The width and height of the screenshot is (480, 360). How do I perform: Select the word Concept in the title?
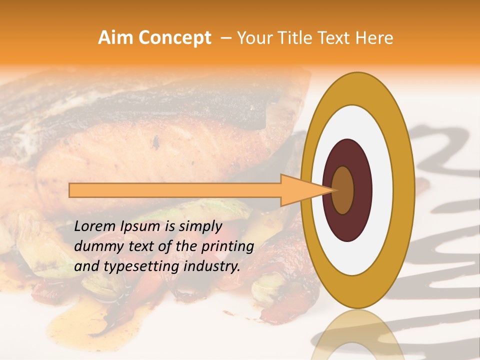tap(174, 38)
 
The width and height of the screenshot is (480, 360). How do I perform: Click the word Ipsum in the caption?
tap(141, 226)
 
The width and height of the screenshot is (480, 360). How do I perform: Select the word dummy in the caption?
tap(95, 246)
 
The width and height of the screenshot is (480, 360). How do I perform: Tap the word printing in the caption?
tap(227, 247)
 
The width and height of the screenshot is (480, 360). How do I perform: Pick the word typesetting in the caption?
tap(133, 267)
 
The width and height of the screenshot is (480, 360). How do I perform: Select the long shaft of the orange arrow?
tap(175, 190)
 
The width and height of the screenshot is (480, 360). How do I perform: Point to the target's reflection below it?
tap(358, 335)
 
